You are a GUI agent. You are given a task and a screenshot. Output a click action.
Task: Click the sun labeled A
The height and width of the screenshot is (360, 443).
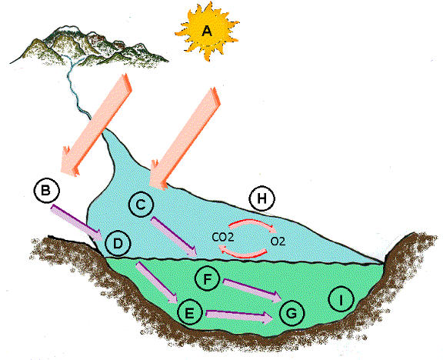click(207, 31)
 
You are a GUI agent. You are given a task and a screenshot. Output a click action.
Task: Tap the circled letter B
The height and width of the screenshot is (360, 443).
click(47, 190)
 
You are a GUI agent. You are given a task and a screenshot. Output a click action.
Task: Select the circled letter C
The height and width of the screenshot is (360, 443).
click(141, 205)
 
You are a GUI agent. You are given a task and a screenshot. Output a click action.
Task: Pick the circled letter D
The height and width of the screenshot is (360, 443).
click(118, 244)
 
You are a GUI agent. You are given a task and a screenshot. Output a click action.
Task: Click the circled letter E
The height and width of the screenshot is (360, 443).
click(190, 313)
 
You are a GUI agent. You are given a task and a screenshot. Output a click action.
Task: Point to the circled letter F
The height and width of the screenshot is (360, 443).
click(208, 279)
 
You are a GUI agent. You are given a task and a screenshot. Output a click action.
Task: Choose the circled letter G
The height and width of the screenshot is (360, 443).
click(291, 313)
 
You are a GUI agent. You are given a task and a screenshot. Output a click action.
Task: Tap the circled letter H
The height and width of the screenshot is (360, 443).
click(262, 198)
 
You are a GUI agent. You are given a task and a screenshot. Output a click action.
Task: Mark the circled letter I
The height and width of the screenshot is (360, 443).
click(341, 300)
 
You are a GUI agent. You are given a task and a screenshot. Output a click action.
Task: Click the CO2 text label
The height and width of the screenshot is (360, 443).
click(223, 237)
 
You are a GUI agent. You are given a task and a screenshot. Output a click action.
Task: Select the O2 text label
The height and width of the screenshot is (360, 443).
click(278, 241)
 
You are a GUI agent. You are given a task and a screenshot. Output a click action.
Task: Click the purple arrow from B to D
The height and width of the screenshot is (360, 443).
click(76, 223)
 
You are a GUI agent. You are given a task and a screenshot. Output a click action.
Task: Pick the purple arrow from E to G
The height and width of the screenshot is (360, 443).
click(240, 316)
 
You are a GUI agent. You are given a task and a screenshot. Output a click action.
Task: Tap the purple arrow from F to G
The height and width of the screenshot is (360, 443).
click(252, 291)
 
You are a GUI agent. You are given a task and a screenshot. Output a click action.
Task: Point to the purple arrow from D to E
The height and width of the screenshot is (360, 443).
click(158, 282)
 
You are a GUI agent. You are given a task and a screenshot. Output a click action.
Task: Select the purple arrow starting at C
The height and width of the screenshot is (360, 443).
click(174, 237)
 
